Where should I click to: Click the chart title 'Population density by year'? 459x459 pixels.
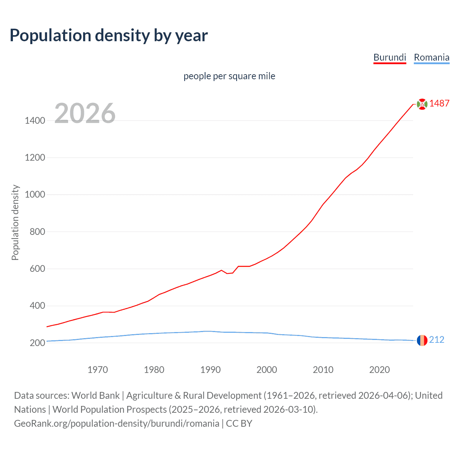109,35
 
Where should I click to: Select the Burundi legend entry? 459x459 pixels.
389,57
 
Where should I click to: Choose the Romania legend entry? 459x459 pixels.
431,57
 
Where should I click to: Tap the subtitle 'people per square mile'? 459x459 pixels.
229,76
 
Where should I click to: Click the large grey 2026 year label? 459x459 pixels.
85,113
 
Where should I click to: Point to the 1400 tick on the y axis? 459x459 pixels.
35,120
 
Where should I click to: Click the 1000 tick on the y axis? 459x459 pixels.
35,195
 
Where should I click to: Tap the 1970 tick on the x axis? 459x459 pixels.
98,369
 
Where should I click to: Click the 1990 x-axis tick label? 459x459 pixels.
210,369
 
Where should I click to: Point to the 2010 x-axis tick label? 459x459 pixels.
323,369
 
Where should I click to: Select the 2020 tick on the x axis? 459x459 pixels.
379,369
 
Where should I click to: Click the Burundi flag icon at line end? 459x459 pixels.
422,104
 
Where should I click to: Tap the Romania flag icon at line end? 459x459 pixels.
422,340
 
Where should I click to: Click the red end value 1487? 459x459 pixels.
439,103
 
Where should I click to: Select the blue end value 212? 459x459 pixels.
436,340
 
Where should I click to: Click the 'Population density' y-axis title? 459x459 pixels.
15,222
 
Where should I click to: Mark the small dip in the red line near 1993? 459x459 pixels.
227,273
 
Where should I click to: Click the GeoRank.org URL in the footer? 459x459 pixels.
117,423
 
